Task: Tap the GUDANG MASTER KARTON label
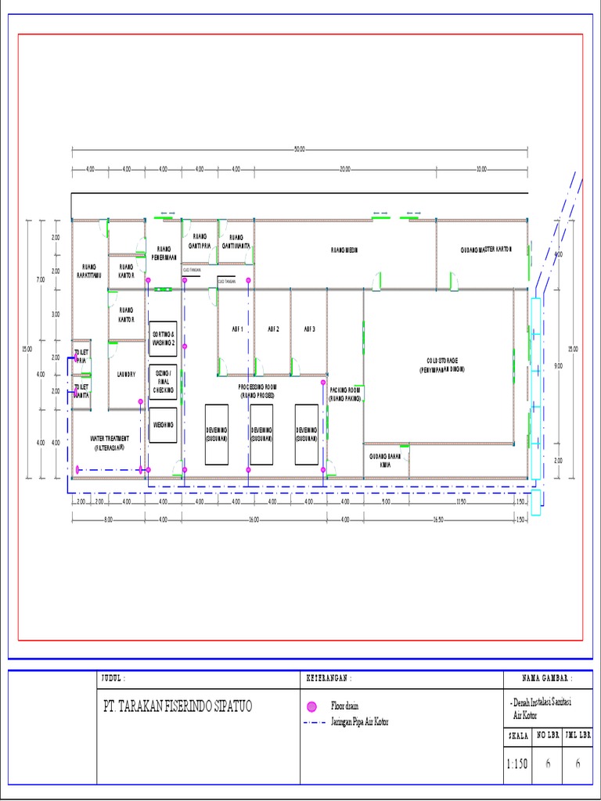click(x=485, y=250)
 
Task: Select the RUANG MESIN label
click(x=344, y=250)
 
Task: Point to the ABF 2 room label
click(x=273, y=329)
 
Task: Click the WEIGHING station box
click(x=163, y=426)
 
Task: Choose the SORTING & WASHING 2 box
click(x=163, y=339)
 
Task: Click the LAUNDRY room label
click(x=125, y=374)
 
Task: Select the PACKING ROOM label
click(x=344, y=393)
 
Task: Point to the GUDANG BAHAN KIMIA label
click(x=385, y=460)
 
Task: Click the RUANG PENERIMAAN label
click(x=164, y=253)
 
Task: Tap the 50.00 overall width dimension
click(x=300, y=149)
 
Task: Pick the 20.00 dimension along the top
click(x=344, y=169)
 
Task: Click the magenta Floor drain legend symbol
click(x=311, y=706)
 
